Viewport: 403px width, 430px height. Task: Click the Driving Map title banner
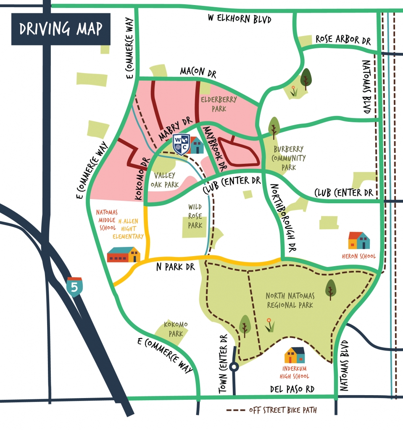coord(61,29)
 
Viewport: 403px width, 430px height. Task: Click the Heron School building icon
coord(359,241)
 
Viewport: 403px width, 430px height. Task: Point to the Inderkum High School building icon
coord(295,355)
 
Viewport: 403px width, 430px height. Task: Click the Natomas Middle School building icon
coord(124,254)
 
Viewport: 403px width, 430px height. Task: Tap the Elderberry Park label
coord(219,104)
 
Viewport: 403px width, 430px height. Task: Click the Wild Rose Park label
coord(195,215)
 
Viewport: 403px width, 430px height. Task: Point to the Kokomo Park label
coord(176,329)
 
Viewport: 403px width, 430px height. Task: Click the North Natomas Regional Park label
coord(290,300)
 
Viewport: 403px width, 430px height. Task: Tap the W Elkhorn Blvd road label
coord(240,19)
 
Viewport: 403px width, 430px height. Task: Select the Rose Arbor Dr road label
coord(343,40)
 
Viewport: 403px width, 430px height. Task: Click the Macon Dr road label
coord(198,72)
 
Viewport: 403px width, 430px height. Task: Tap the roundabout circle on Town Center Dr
coord(234,367)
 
